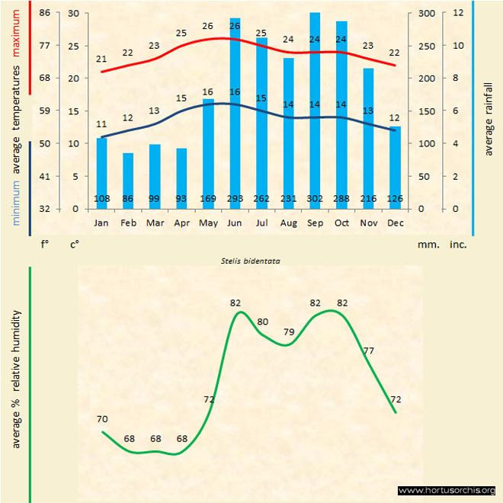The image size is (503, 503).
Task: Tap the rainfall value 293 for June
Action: pos(235,200)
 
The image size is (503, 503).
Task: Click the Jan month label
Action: pos(101,223)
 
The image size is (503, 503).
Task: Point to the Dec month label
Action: pos(395,223)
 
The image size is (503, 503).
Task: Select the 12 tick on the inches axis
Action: pos(457,13)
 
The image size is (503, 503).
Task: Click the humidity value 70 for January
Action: pos(102,419)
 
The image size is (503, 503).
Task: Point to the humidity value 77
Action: pos(369,351)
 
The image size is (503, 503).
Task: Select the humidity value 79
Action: pos(289,332)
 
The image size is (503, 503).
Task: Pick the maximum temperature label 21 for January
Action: pos(101,59)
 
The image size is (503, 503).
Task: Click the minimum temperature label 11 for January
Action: pos(101,124)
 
